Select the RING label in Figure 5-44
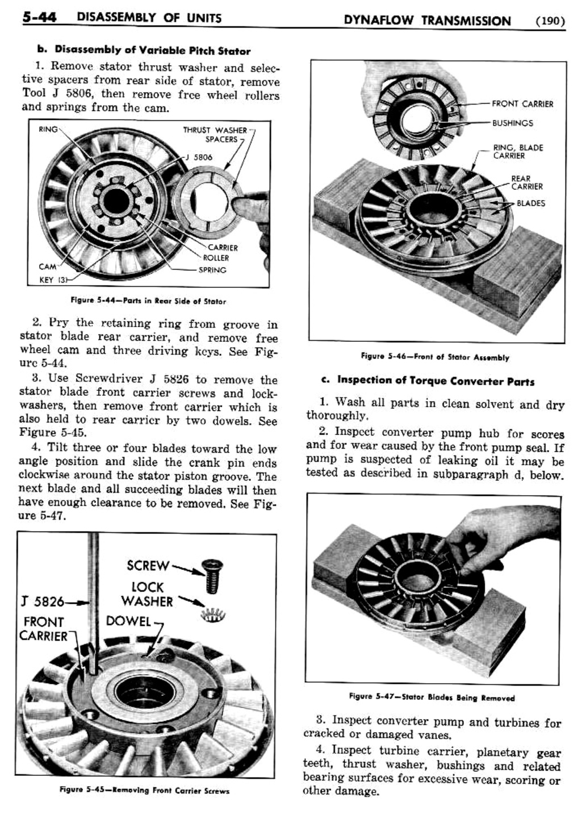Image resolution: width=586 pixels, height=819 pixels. point(48,129)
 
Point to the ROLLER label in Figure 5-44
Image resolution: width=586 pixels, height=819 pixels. point(216,258)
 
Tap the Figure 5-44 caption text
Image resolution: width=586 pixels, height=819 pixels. point(148,301)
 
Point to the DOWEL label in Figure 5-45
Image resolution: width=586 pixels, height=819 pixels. point(128,621)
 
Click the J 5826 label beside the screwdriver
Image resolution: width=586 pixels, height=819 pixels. point(42,601)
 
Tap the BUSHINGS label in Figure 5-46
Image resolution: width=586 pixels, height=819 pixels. point(512,123)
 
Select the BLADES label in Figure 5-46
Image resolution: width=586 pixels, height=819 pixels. point(530,203)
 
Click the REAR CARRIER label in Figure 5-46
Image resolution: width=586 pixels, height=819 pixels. point(526,182)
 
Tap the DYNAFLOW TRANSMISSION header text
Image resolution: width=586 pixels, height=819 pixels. point(427,21)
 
